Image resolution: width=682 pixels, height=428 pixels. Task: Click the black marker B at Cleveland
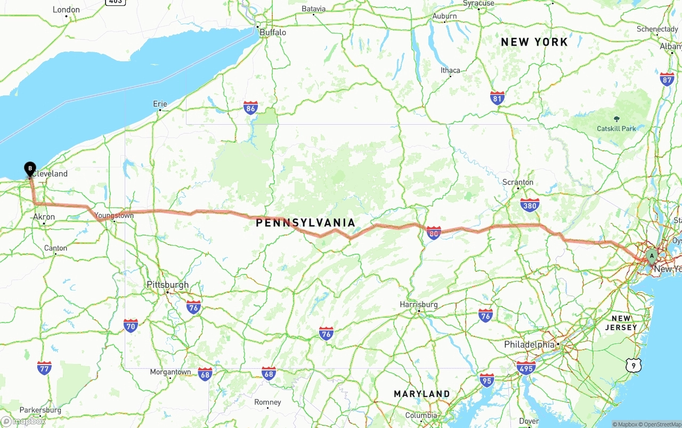click(30, 169)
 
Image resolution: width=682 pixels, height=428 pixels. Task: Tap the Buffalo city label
click(273, 33)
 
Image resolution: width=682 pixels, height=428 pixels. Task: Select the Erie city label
click(160, 104)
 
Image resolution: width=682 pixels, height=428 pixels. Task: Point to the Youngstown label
click(114, 215)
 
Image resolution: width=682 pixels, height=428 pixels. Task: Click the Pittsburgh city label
click(168, 285)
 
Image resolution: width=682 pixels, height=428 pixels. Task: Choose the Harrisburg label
click(419, 304)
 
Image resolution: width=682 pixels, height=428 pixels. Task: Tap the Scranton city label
click(518, 182)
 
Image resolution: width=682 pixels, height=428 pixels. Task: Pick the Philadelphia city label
click(530, 345)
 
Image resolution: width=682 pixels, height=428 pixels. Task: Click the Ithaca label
click(450, 70)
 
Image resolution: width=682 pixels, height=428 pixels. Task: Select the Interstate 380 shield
click(530, 205)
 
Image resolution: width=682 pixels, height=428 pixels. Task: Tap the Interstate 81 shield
click(497, 98)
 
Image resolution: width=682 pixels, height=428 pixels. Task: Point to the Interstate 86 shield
click(250, 108)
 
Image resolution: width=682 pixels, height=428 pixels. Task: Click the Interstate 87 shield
click(667, 79)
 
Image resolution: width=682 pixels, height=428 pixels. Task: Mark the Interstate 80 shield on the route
click(434, 232)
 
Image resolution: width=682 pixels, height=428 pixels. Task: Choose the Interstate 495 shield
click(526, 368)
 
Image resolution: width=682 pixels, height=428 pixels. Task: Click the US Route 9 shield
click(633, 365)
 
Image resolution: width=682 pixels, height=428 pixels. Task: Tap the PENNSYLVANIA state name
click(305, 223)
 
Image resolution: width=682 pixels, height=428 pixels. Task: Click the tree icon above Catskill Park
click(617, 119)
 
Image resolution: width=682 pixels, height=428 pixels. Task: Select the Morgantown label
click(170, 372)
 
